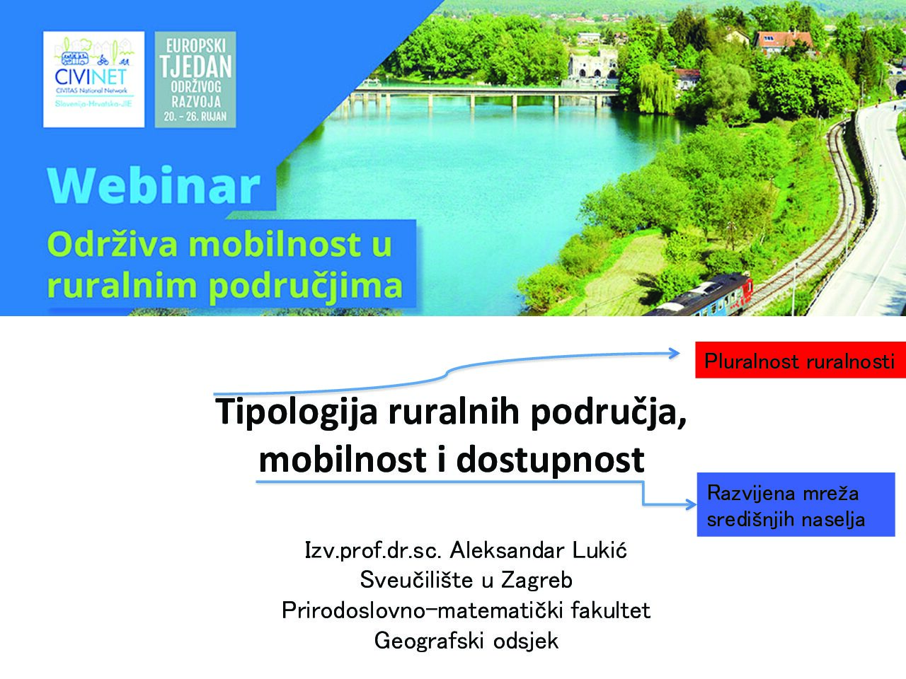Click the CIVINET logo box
click(x=93, y=79)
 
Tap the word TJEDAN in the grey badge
click(x=195, y=66)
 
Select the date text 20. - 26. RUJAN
click(x=195, y=117)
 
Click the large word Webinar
click(x=154, y=185)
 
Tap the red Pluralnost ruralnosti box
click(x=801, y=360)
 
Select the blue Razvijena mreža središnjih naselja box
click(x=796, y=504)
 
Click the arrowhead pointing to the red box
click(x=675, y=354)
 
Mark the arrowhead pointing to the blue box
click(x=691, y=504)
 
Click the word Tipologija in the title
click(x=297, y=412)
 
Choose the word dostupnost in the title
click(x=550, y=460)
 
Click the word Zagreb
click(x=537, y=581)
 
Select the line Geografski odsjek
click(x=466, y=641)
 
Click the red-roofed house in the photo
click(x=784, y=41)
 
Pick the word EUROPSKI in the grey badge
click(x=195, y=46)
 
